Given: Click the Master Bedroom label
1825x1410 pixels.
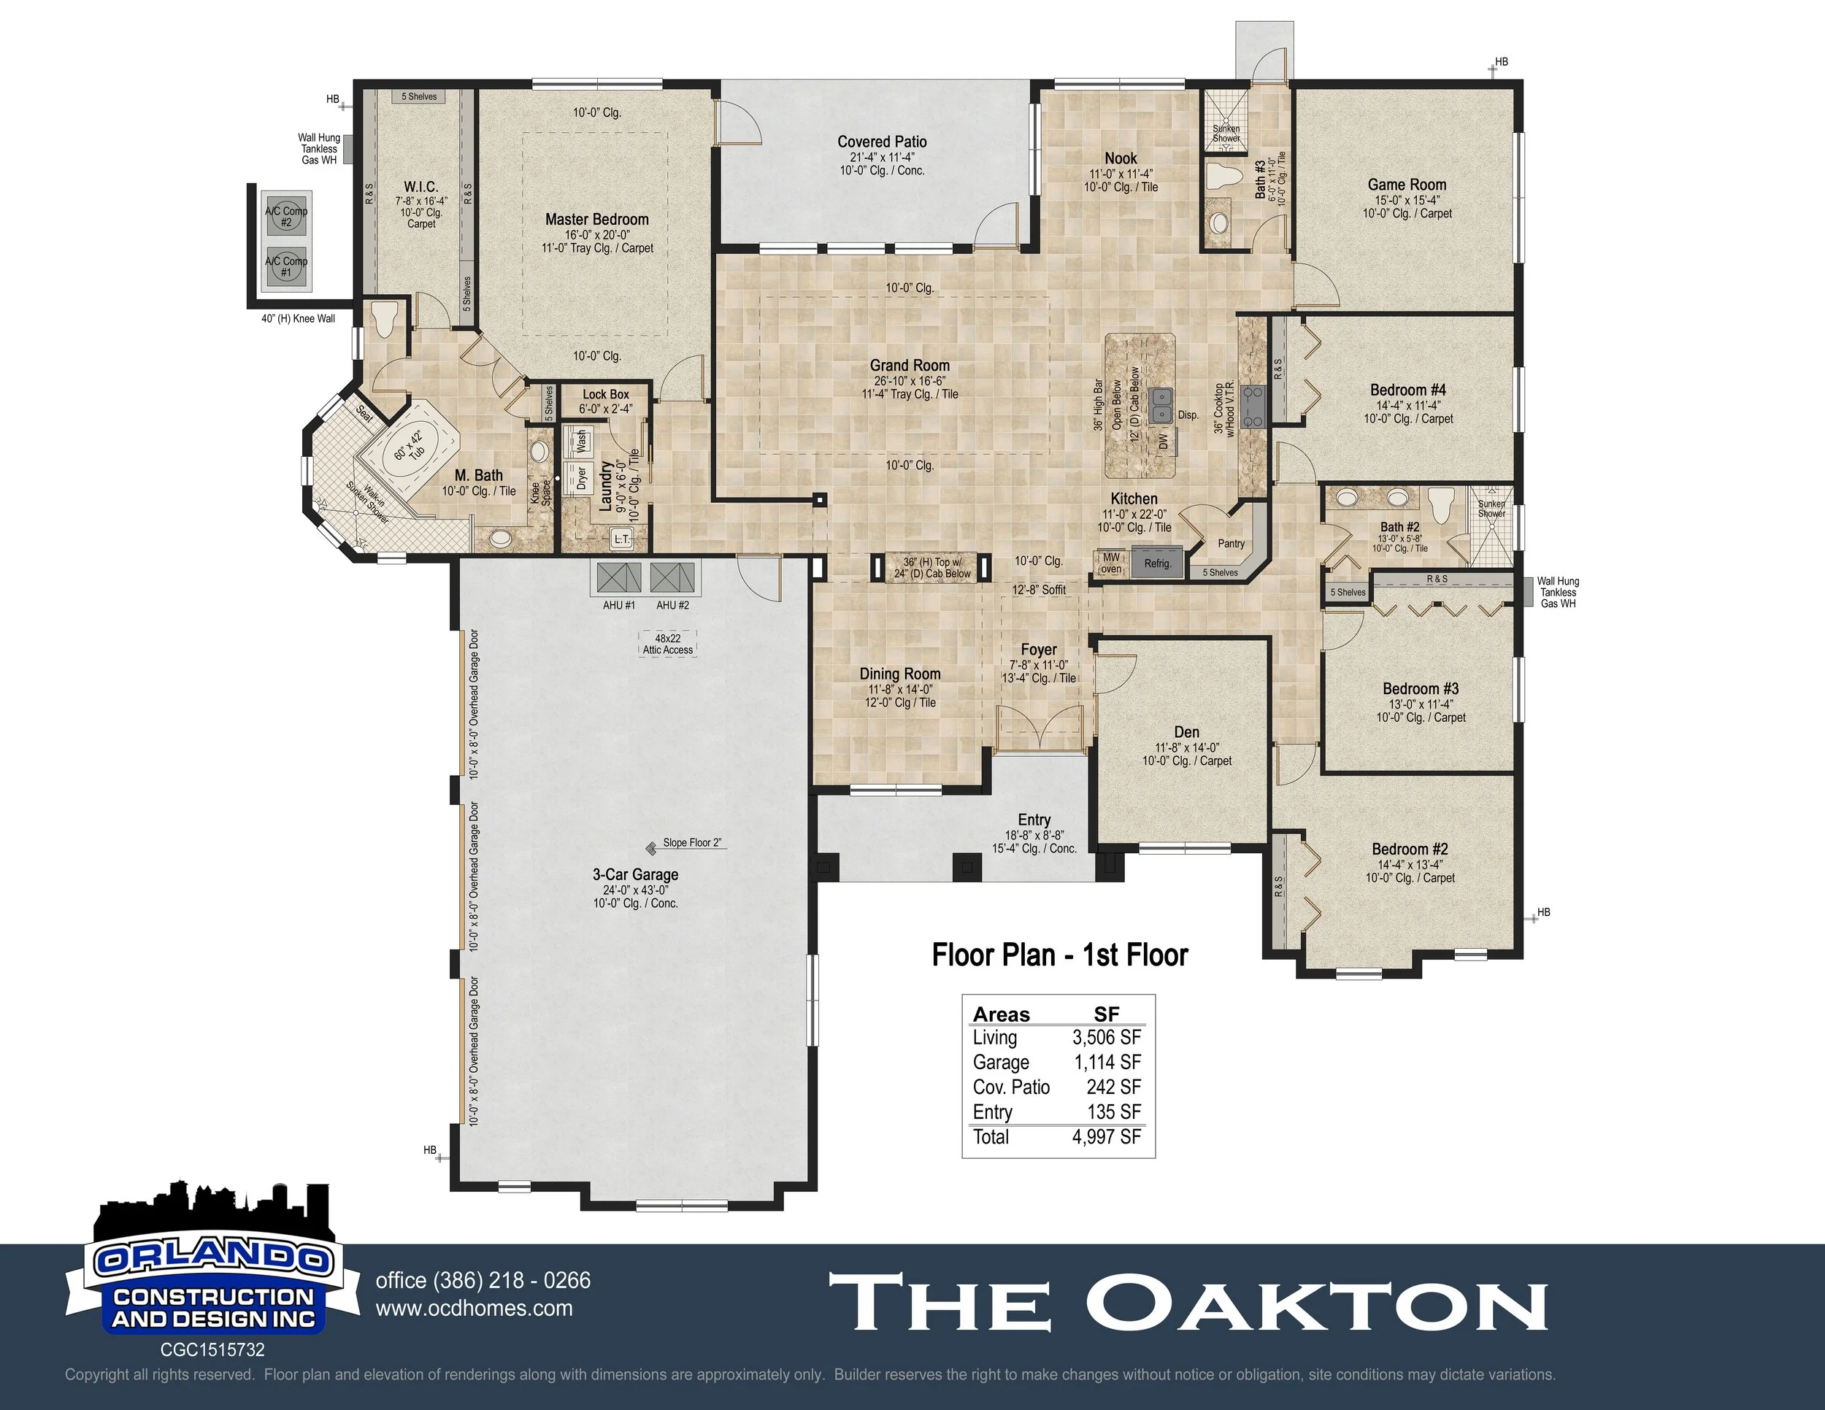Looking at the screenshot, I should click(596, 220).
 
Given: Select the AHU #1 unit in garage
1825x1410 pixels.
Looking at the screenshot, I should click(619, 578).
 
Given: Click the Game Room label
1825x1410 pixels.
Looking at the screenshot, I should click(1407, 185).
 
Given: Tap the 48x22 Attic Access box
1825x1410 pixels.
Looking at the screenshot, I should click(668, 644).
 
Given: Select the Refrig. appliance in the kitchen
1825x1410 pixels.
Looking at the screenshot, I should click(1157, 562).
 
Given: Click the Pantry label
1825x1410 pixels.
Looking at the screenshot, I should click(1231, 544).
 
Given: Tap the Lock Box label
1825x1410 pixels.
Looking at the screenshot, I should click(606, 394).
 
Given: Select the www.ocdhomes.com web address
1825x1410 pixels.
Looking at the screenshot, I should click(474, 1309).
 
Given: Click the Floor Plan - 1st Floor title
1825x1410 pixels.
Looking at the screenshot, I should click(1059, 955).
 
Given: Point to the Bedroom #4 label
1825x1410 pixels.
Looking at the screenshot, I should click(1407, 390).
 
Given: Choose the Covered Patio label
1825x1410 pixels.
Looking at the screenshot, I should click(882, 142).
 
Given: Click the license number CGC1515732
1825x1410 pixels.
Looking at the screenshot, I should click(212, 1350).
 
